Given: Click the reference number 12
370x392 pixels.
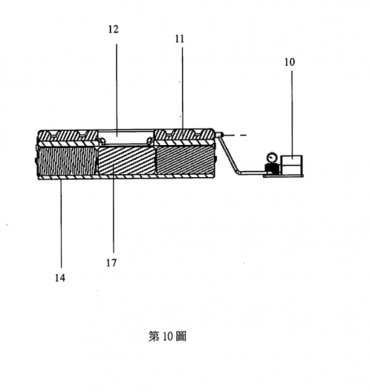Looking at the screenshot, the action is click(114, 29).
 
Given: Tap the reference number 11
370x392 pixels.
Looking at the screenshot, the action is click(180, 39).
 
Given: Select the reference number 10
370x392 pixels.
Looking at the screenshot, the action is click(289, 62).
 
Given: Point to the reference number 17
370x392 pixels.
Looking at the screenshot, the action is click(111, 263).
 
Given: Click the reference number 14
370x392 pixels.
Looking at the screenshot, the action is click(60, 278).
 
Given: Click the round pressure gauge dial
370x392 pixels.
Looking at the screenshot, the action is click(272, 158).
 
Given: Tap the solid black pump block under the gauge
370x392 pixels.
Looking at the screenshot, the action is click(272, 169).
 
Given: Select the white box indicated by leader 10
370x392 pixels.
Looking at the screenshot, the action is click(292, 165).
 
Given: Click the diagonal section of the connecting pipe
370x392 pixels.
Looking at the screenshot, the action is click(230, 154).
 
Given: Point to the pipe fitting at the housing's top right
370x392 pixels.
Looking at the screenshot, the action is click(219, 135).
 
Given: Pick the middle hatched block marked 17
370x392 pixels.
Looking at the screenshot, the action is click(127, 160).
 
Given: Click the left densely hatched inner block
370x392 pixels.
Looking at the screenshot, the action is click(67, 161).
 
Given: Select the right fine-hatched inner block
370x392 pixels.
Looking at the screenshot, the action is click(185, 160).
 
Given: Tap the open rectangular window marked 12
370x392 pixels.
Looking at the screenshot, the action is click(126, 137).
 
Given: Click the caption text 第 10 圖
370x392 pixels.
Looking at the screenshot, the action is click(168, 336).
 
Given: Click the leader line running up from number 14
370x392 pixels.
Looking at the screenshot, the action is click(61, 223).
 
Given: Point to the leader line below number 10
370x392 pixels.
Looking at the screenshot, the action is click(292, 113).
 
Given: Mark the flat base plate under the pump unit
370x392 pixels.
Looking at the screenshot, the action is click(283, 176).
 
